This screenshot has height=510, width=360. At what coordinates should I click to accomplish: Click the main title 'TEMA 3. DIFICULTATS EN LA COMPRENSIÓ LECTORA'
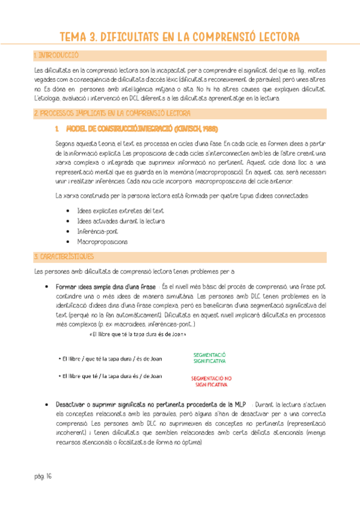180,37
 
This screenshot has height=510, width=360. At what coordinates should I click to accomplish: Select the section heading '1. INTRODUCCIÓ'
57,55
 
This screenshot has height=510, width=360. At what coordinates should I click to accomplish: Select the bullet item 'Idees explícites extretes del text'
120,210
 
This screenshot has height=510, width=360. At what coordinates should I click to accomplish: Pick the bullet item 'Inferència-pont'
97,231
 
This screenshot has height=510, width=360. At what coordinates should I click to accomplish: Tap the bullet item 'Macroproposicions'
102,241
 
